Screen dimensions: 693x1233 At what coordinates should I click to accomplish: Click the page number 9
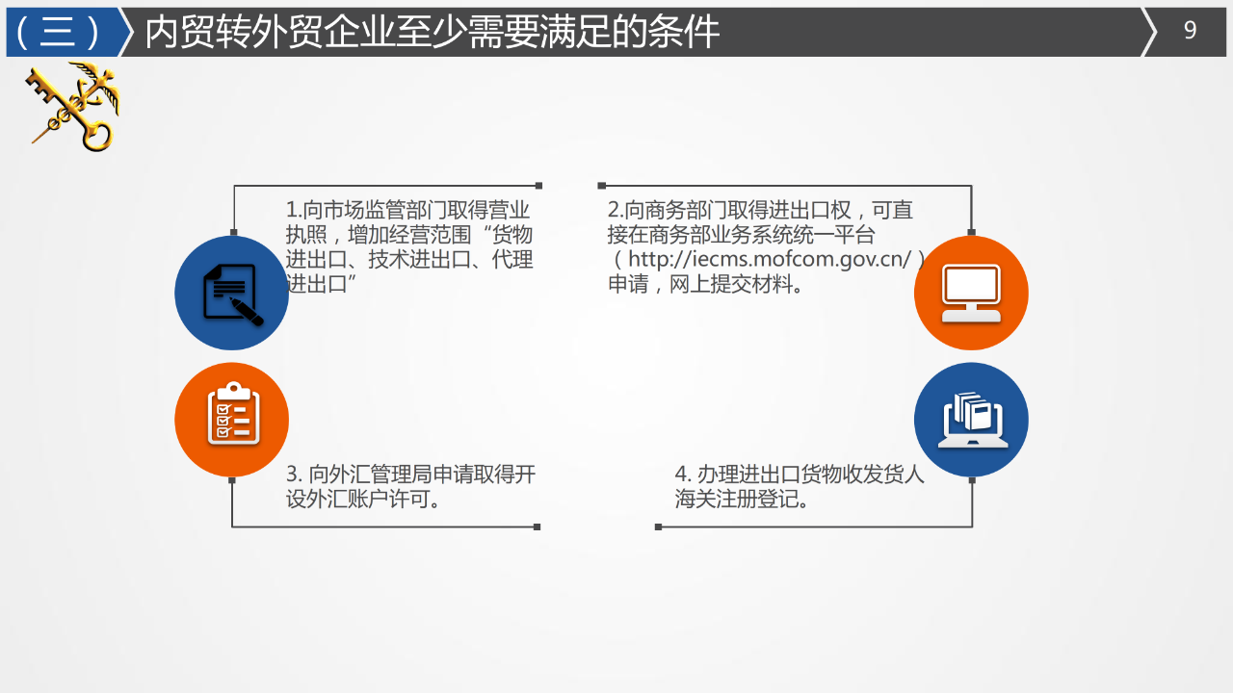click(x=1190, y=31)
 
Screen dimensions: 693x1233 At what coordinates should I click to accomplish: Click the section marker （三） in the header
click(x=59, y=32)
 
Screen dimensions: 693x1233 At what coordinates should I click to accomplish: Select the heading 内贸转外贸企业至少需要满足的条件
click(x=432, y=32)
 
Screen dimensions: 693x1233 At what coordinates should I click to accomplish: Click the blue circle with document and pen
click(x=231, y=293)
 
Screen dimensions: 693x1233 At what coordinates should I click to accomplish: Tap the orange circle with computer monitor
click(x=971, y=293)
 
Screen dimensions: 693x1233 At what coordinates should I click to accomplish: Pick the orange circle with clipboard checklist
click(x=231, y=420)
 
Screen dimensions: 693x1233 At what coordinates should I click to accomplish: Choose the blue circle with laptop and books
click(x=971, y=420)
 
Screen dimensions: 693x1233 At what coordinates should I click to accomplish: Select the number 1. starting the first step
click(x=294, y=210)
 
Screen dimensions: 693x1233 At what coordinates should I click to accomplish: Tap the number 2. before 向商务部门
click(x=615, y=210)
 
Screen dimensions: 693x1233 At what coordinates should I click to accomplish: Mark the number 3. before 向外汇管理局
click(x=295, y=475)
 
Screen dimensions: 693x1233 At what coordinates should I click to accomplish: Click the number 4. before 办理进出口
click(x=683, y=475)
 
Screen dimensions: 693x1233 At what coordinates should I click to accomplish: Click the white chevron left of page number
click(x=1149, y=32)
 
